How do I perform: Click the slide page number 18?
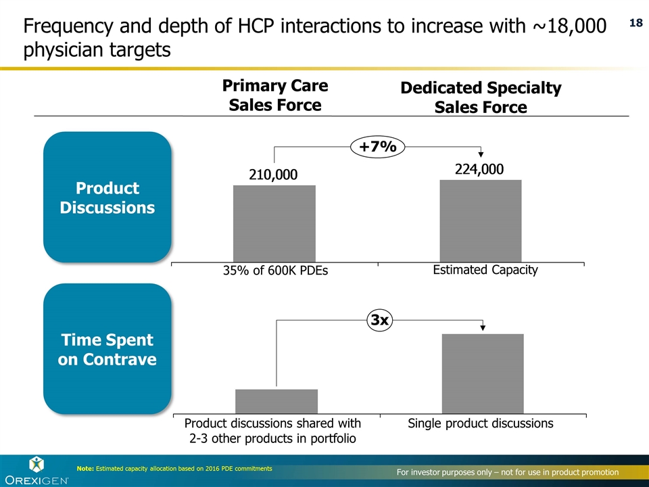click(635, 23)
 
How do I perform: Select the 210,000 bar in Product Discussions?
click(274, 223)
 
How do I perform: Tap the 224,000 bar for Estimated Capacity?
click(480, 220)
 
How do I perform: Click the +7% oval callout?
click(377, 147)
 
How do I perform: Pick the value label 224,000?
click(480, 169)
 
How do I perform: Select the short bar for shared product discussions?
click(276, 400)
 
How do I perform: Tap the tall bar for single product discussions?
click(482, 373)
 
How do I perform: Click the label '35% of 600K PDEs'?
click(274, 271)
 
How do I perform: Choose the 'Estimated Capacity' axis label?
click(485, 270)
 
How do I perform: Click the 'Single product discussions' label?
click(480, 423)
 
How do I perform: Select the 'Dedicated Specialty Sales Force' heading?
click(480, 97)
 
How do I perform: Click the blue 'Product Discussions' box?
click(107, 197)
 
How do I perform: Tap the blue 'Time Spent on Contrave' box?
click(107, 349)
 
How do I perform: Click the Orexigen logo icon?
click(36, 463)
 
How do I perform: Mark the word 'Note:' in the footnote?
click(85, 469)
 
